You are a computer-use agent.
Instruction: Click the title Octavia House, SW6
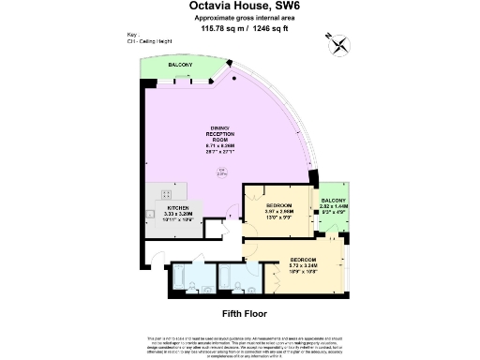(239, 7)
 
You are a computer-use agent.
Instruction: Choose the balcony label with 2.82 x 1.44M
(334, 207)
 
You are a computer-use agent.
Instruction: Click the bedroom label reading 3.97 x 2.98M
(278, 210)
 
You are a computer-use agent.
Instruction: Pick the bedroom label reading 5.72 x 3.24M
(302, 262)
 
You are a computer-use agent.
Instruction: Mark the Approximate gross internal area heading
(239, 19)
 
